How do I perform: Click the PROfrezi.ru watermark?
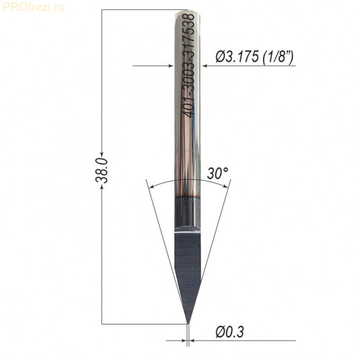pos(33,7)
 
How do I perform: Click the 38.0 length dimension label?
pos(101,170)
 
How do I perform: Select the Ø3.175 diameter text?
pos(237,57)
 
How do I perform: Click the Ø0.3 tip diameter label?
pos(230,331)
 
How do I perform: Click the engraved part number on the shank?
pos(189,65)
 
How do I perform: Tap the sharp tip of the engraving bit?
pos(188,323)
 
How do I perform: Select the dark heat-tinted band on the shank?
pos(188,212)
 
